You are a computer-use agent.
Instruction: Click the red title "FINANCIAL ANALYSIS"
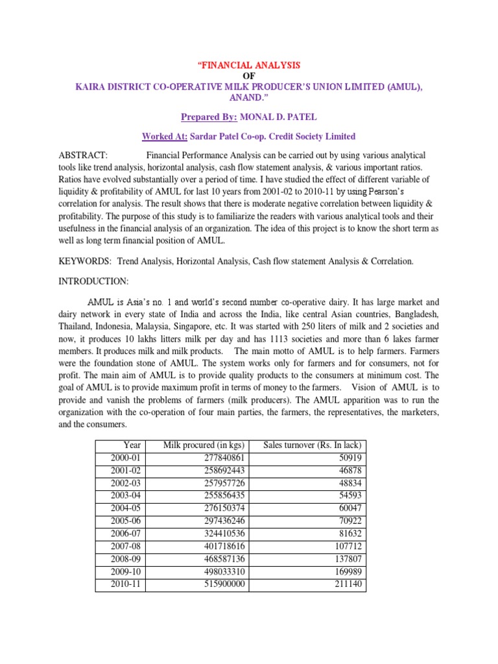pyautogui.click(x=249, y=66)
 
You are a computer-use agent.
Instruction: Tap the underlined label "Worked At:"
pyautogui.click(x=164, y=136)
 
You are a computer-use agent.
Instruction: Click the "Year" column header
pyautogui.click(x=132, y=445)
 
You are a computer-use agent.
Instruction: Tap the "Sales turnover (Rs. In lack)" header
pyautogui.click(x=313, y=445)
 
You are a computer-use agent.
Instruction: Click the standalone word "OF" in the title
pyautogui.click(x=249, y=76)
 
